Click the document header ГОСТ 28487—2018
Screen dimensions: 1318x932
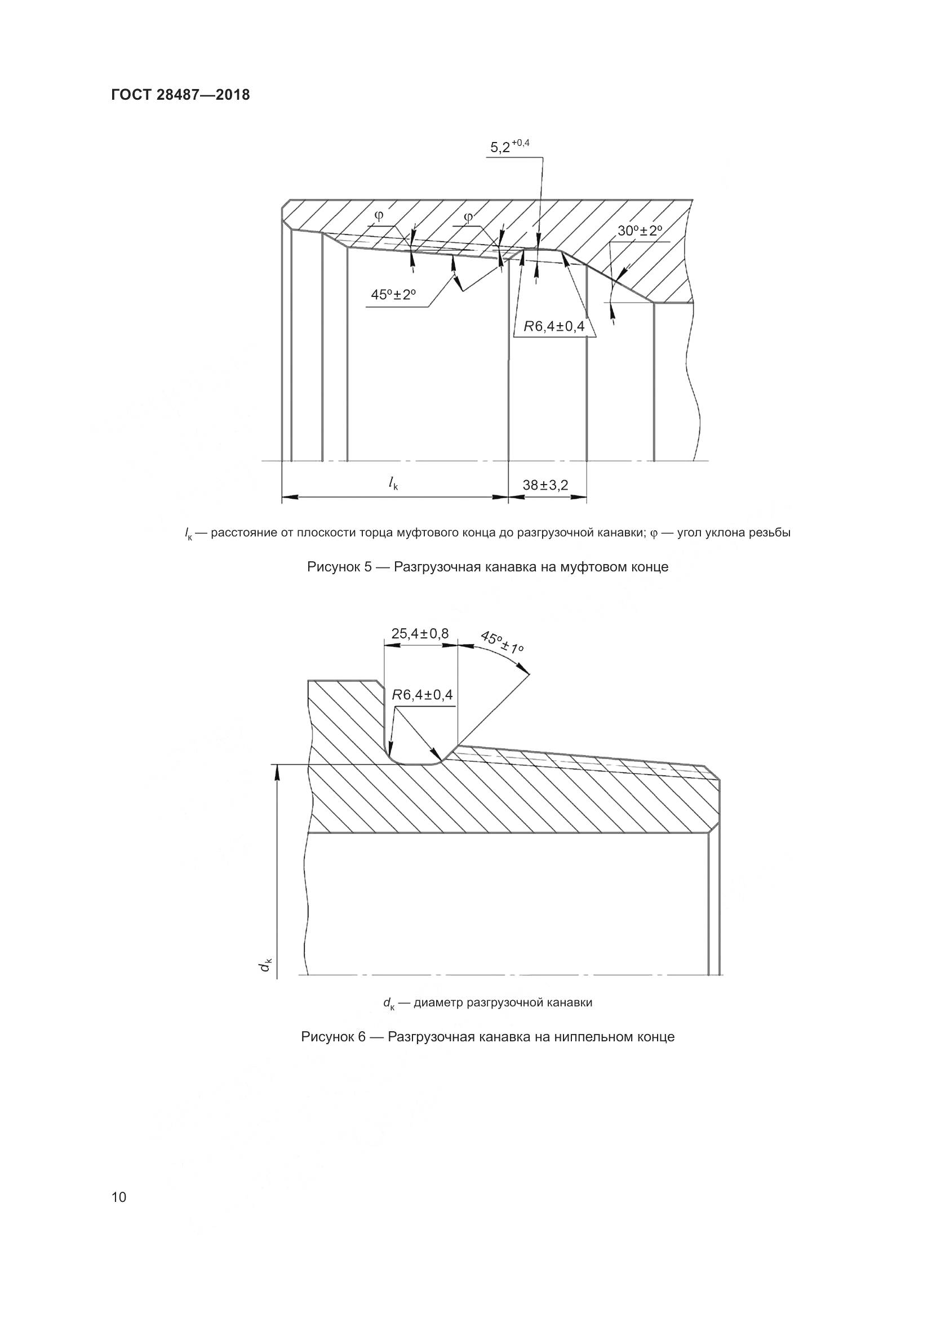point(180,95)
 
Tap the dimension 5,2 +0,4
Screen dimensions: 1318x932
point(509,147)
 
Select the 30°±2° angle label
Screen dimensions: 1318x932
point(640,231)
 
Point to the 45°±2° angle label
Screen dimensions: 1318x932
point(393,295)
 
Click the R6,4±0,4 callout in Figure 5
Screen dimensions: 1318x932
point(554,327)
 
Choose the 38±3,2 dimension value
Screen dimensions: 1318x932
point(545,485)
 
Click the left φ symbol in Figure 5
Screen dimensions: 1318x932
point(379,216)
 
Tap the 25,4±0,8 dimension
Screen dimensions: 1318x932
point(420,634)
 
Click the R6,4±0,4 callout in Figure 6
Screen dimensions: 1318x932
point(423,695)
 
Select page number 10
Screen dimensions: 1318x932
point(119,1197)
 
